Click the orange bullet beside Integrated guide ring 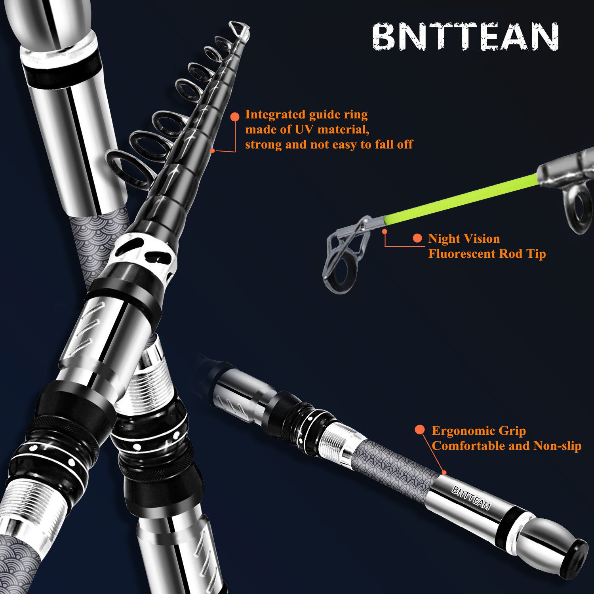pyautogui.click(x=235, y=116)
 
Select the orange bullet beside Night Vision pyautogui.click(x=417, y=238)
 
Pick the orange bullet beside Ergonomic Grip pyautogui.click(x=420, y=430)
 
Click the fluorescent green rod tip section pyautogui.click(x=459, y=198)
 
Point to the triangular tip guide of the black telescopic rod pyautogui.click(x=239, y=30)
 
